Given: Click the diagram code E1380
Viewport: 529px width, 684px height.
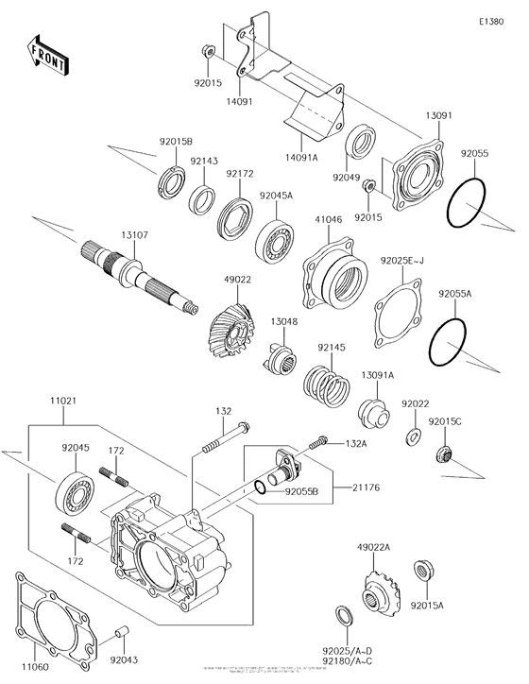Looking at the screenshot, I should [490, 20].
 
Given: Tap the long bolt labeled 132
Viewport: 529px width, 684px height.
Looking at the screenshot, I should [221, 437].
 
